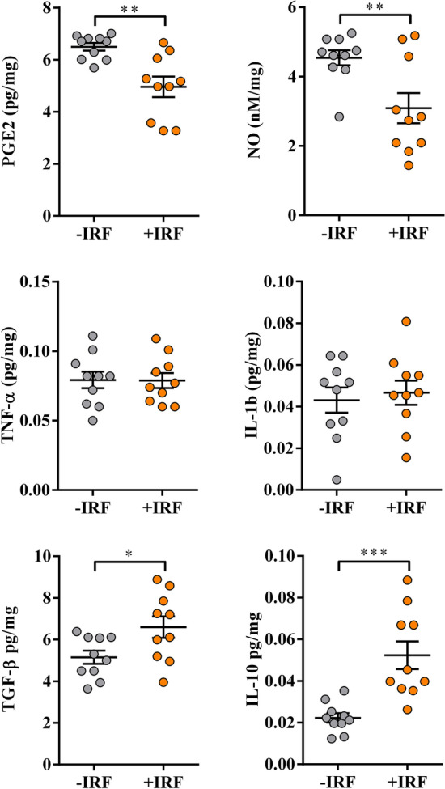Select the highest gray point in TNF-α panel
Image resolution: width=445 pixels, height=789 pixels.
click(x=92, y=336)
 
